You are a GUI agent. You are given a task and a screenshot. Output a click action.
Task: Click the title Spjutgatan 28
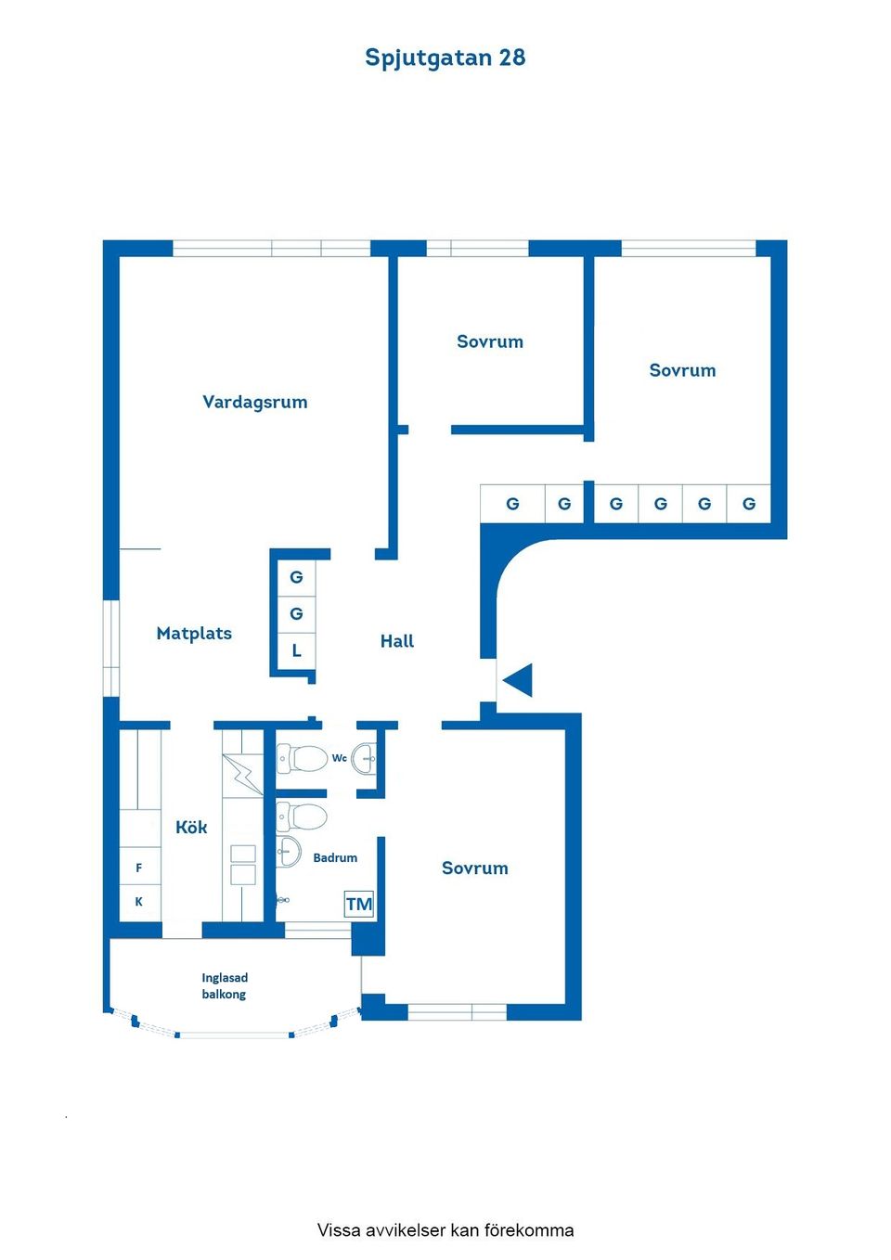[x=445, y=58]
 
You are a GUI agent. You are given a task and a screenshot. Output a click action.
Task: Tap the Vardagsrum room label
[x=254, y=402]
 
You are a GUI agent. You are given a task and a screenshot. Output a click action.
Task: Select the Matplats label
[x=194, y=634]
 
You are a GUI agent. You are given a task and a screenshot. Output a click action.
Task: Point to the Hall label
[x=396, y=641]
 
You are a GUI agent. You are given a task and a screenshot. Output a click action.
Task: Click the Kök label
[x=191, y=828]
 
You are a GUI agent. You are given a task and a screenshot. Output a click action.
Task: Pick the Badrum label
[x=335, y=858]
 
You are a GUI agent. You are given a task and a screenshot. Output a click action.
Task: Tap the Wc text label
[x=340, y=758]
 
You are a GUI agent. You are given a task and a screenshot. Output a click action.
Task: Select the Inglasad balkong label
[x=225, y=985]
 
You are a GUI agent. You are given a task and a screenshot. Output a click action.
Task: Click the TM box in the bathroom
[x=358, y=904]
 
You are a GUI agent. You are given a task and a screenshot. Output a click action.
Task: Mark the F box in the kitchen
[x=139, y=868]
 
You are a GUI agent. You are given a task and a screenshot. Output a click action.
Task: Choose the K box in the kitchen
[x=139, y=901]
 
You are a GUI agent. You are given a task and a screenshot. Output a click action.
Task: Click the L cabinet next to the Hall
[x=297, y=650]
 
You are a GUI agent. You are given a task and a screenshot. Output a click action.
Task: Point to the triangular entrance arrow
[x=518, y=680]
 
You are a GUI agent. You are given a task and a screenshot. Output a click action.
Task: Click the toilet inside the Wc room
[x=303, y=759]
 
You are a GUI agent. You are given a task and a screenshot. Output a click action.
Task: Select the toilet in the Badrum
[x=303, y=817]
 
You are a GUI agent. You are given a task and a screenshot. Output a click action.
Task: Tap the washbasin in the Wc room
[x=365, y=759]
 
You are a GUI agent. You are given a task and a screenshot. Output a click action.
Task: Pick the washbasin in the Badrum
[x=289, y=850]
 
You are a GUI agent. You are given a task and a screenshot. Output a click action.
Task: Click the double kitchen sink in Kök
[x=243, y=864]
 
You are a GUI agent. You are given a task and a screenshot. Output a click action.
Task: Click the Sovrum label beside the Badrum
[x=474, y=868]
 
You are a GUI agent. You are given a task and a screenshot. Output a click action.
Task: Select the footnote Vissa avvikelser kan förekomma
[x=445, y=1230]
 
